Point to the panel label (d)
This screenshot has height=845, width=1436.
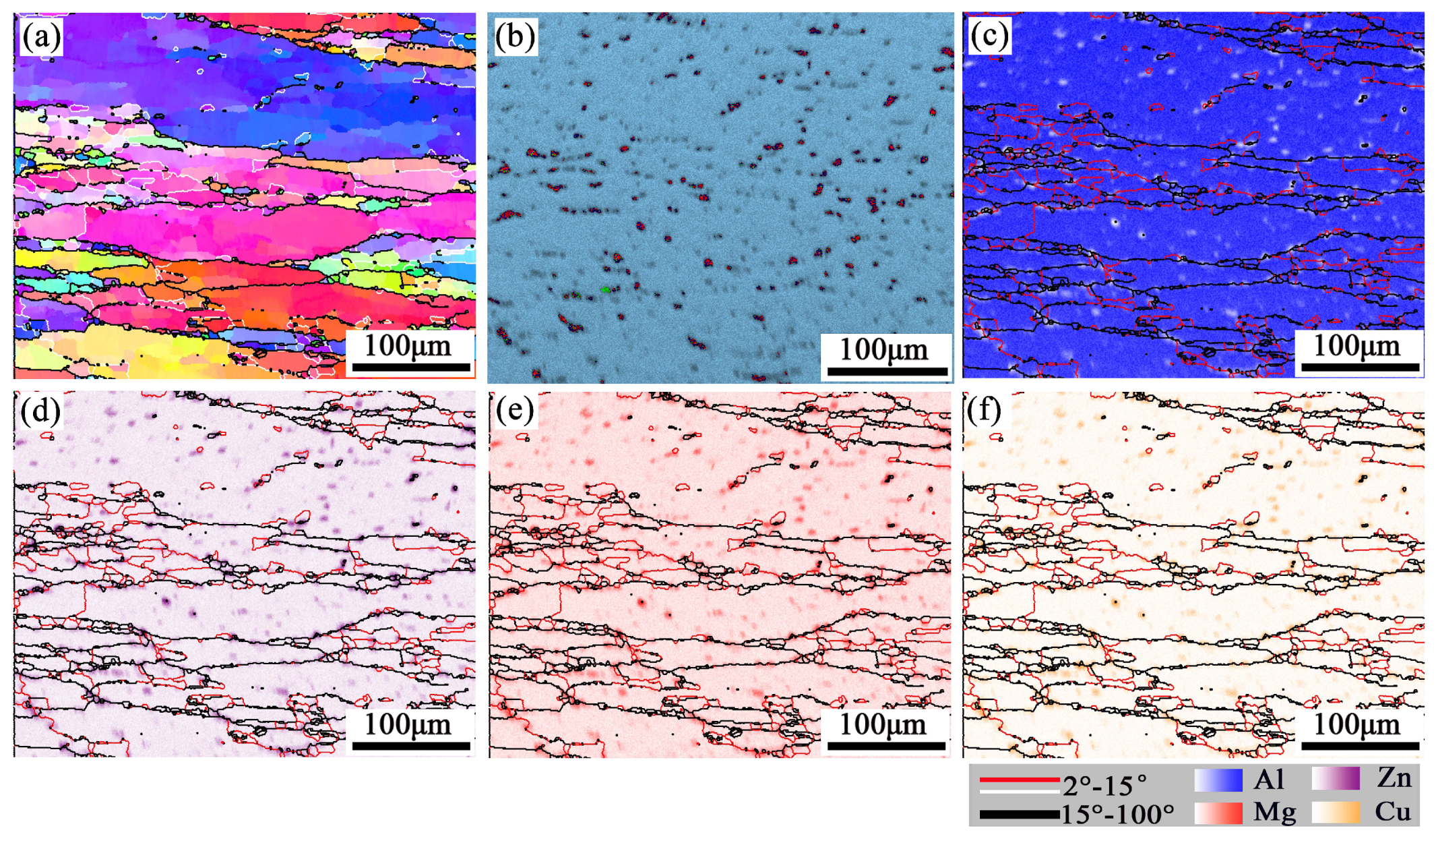pyautogui.click(x=41, y=411)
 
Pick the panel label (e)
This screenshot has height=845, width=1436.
pyautogui.click(x=515, y=411)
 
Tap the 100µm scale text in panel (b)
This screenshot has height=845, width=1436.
pyautogui.click(x=883, y=349)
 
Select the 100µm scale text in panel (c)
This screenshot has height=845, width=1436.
pyautogui.click(x=1356, y=346)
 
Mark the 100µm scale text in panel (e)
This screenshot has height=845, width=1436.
pyautogui.click(x=883, y=724)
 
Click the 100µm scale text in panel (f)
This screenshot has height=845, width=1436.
pyautogui.click(x=1356, y=724)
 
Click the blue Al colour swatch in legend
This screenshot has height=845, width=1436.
pyautogui.click(x=1218, y=780)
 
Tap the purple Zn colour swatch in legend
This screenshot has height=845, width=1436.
pyautogui.click(x=1335, y=780)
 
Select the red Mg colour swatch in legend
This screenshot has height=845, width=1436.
pyautogui.click(x=1218, y=813)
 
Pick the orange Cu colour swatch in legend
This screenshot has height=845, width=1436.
pyautogui.click(x=1335, y=813)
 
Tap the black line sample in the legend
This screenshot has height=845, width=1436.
pyautogui.click(x=1019, y=815)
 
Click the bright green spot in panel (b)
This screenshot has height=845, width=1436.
pyautogui.click(x=606, y=289)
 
